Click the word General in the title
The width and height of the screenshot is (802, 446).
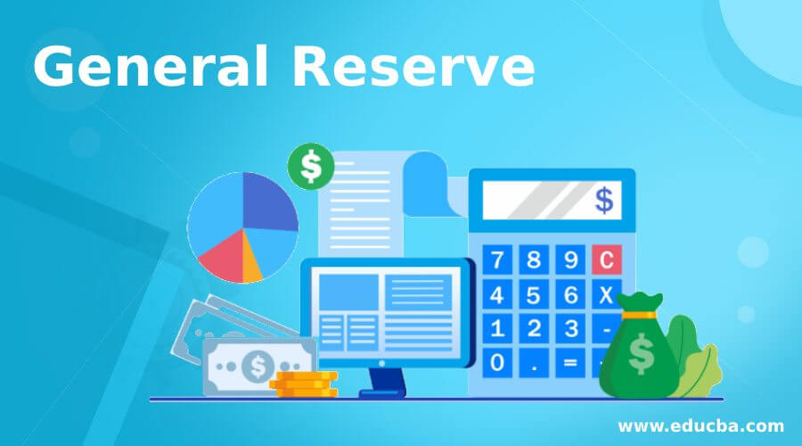[x=150, y=66]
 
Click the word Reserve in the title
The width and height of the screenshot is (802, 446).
[x=413, y=67]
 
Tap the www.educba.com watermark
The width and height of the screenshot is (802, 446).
[x=700, y=426]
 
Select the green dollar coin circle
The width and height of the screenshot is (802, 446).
[x=311, y=167]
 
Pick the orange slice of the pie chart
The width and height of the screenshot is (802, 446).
[x=250, y=261]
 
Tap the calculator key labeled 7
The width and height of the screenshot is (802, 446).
[x=496, y=260]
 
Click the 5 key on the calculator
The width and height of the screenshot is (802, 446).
[x=534, y=295]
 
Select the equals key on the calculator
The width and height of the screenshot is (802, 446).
[x=570, y=362]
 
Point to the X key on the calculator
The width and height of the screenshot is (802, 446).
[x=607, y=294]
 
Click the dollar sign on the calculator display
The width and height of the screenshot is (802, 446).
[x=604, y=200]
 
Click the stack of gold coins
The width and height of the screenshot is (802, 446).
[x=304, y=384]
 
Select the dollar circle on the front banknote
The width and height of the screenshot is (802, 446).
[x=258, y=366]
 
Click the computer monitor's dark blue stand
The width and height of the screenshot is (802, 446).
[x=383, y=383]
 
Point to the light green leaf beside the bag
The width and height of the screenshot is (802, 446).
[x=700, y=373]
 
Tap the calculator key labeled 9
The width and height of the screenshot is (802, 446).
[x=570, y=260]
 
